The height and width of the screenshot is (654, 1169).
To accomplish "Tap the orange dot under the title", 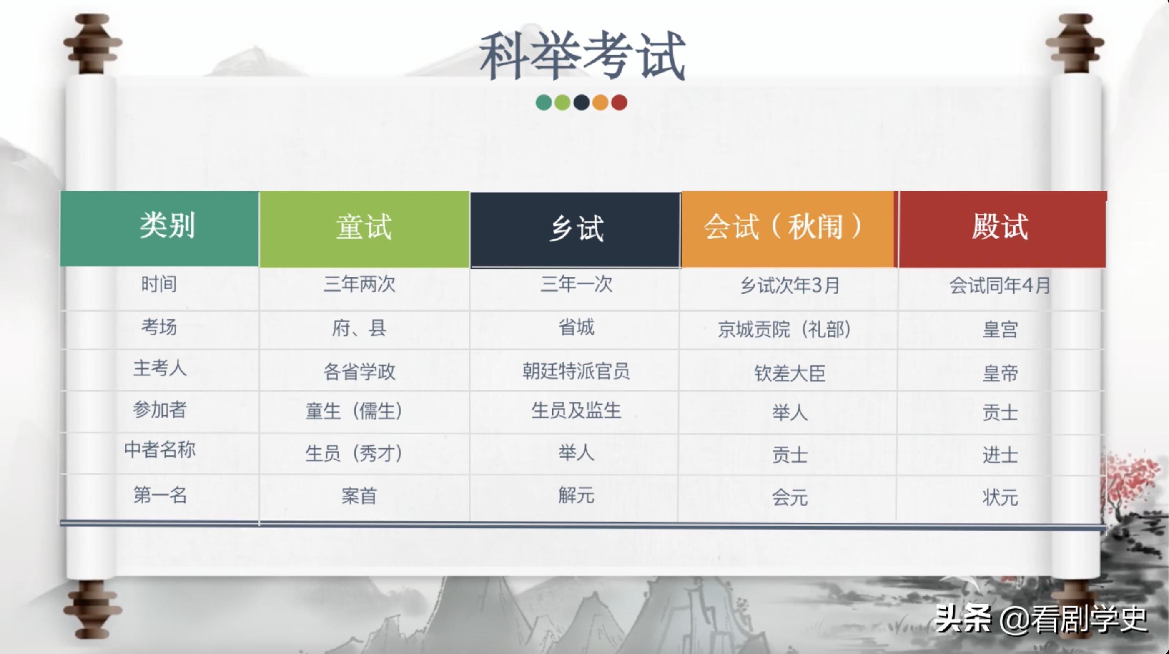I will pos(600,103).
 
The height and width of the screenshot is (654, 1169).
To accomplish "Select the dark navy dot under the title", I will pos(581,103).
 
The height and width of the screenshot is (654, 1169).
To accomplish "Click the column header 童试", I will pos(364,227).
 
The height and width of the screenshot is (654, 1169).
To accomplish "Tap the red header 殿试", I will pos(1000,227).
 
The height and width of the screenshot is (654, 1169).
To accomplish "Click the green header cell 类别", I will pos(167,225).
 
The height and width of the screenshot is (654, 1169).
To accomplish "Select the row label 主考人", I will pos(160,369).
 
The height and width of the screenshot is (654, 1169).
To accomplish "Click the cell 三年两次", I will pos(359,285).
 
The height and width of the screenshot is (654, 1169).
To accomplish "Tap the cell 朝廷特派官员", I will pos(575,371).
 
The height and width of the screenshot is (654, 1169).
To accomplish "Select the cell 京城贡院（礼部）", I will pos(784,330).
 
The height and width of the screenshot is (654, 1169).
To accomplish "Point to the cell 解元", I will pos(576,496).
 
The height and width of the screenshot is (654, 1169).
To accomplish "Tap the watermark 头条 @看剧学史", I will pos(1041,619).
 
